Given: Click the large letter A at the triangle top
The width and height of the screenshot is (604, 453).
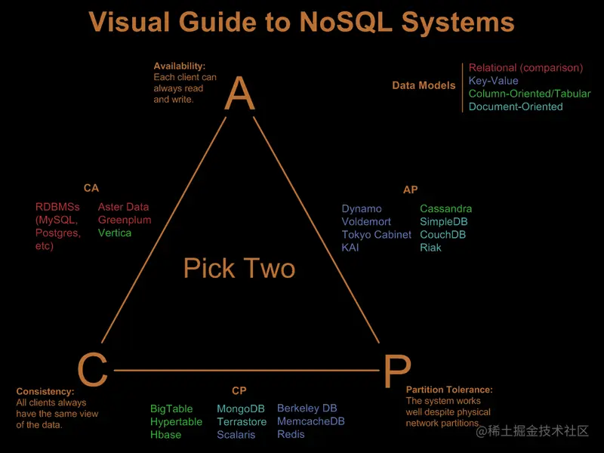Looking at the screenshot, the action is pos(240,94).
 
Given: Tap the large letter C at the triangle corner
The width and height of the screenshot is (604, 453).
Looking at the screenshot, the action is pos(92,370).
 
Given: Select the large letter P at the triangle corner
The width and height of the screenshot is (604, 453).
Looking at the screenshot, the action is pos(396,371).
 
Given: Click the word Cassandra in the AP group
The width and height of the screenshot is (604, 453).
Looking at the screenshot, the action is pos(445,208).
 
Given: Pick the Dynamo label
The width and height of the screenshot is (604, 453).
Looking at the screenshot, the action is pos(362,208).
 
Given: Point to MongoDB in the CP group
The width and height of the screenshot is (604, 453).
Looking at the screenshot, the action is pos(241,408).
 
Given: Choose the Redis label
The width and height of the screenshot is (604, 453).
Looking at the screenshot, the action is pos(291,434).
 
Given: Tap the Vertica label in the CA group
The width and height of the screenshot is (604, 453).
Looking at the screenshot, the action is pos(115,233).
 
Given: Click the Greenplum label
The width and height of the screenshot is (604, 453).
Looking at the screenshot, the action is pos(125,220).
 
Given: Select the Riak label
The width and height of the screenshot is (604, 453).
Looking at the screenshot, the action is pos(430,247).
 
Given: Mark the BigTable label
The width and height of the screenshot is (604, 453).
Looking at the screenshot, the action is pos(171,408).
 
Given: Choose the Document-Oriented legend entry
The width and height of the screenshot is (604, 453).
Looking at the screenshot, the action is pos(516,106).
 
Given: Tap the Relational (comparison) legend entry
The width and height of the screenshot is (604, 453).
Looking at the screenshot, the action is pos(525,68).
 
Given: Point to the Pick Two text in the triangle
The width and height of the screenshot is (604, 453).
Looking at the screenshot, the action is pos(239,268).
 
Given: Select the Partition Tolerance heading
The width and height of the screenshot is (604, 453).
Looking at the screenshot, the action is pos(449,390).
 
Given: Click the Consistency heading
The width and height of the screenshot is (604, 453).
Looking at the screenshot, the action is pos(45,391).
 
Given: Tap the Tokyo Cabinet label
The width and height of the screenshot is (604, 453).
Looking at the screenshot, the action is pos(376,234).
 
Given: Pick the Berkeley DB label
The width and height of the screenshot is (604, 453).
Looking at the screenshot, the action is pos(307,408).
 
